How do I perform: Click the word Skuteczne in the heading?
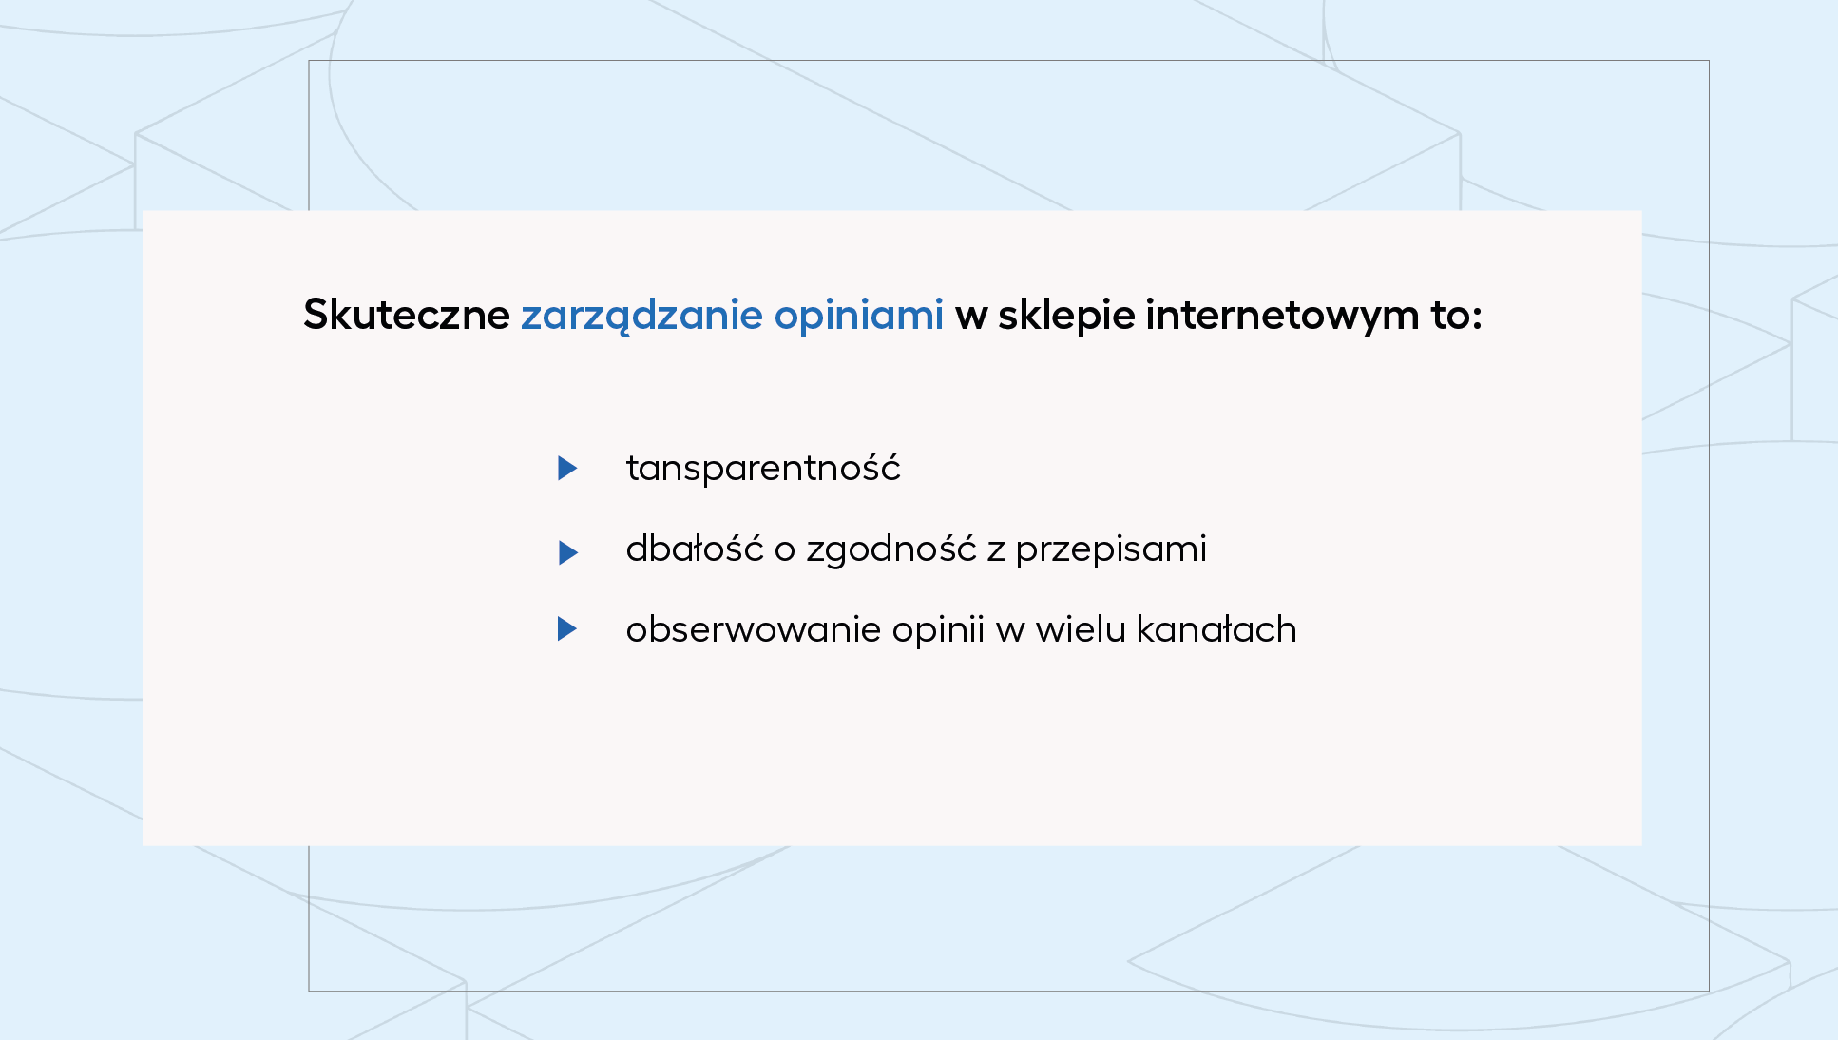coord(407,315)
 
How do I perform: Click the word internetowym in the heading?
coord(1282,315)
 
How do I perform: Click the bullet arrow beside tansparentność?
coord(567,468)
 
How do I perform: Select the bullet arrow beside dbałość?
coord(567,552)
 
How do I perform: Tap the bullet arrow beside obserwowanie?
coord(567,628)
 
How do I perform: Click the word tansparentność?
coord(763,468)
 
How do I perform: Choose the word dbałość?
coord(695,549)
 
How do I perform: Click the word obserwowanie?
coord(753,629)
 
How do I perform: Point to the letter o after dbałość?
coord(785,552)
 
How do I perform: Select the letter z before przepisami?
coord(996,552)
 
